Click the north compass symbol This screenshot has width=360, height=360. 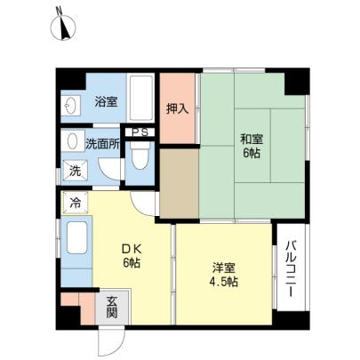point(62,26)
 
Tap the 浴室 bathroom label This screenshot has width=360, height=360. point(106,102)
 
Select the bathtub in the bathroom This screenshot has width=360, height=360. point(141,98)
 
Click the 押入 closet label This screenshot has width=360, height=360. point(177,109)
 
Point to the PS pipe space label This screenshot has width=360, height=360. point(140,132)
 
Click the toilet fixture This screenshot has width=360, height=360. point(140,155)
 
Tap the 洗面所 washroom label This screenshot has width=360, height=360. point(102,144)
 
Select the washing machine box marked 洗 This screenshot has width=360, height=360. point(76,171)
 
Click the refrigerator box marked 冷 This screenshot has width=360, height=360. point(76,203)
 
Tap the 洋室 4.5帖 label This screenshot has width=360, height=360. point(224,275)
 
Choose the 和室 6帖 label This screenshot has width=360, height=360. point(252,146)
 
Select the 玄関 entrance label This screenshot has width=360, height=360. point(112,307)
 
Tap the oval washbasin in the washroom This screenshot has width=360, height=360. point(72,141)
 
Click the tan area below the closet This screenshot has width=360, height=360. point(180,183)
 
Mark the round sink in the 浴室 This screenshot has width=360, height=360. point(71,106)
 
